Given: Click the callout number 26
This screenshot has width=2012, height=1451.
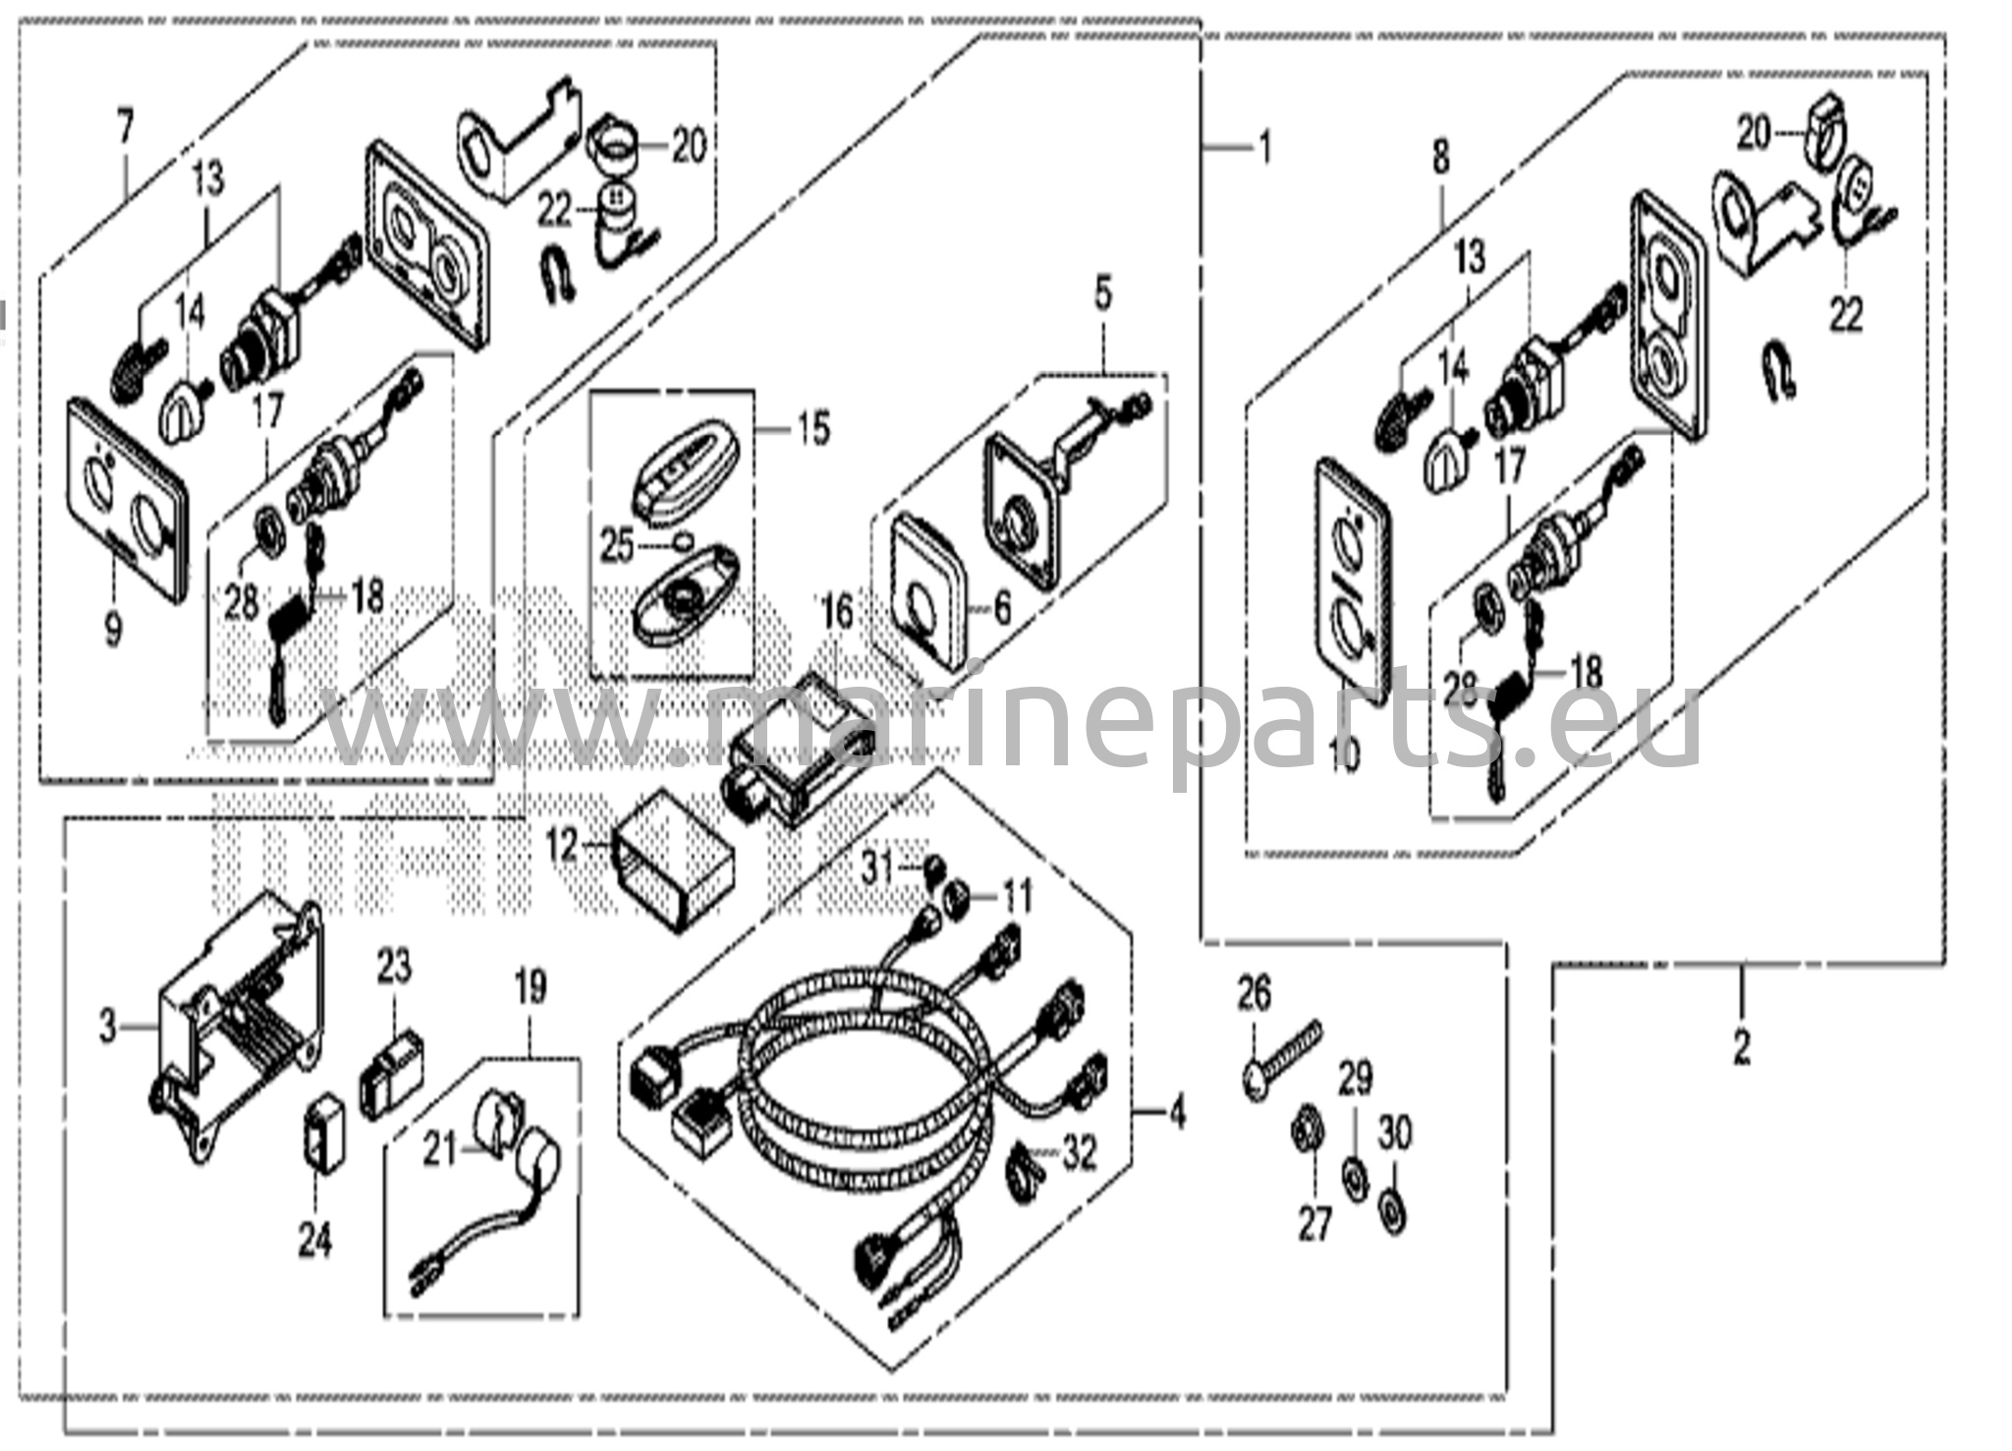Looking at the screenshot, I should (1254, 993).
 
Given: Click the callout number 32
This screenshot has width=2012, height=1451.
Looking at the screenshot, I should (1080, 1155).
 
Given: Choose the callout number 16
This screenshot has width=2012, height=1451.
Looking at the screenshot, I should (837, 615).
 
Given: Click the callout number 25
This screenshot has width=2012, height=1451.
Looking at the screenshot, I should (617, 548).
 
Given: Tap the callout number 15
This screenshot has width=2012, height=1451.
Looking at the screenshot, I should (812, 430).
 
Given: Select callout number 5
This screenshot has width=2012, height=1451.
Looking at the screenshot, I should (1102, 294).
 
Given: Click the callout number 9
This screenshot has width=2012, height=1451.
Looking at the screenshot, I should (113, 628).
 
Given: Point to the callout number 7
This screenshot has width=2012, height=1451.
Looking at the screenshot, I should (125, 129).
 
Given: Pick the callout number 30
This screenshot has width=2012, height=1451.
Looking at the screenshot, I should (1395, 1135).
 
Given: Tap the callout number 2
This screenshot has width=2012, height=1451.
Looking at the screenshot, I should (1741, 1048).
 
